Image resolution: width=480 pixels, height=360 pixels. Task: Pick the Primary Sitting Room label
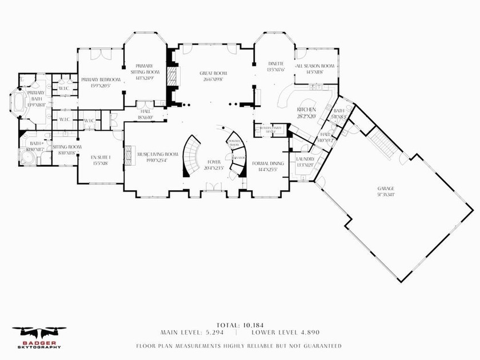(x=143, y=69)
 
